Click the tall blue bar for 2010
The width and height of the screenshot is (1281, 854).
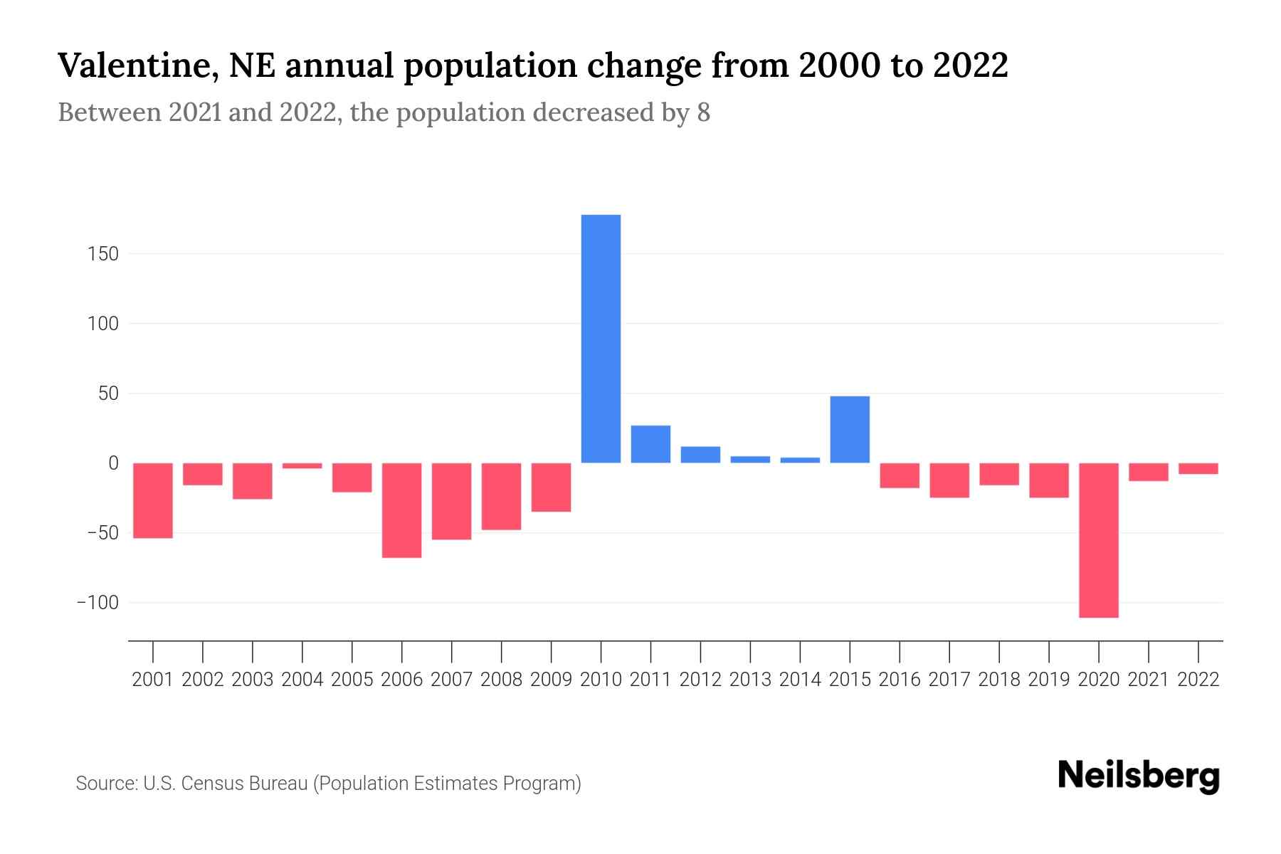pyautogui.click(x=601, y=339)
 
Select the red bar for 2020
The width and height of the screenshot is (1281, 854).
pyautogui.click(x=1098, y=540)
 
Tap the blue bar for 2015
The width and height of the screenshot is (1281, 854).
pyautogui.click(x=850, y=429)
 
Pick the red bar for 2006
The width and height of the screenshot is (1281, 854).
pyautogui.click(x=401, y=510)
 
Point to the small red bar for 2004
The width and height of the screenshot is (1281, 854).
pyautogui.click(x=302, y=465)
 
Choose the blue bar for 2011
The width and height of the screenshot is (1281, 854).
pyautogui.click(x=650, y=444)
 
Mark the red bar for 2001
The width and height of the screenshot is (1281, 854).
pyautogui.click(x=153, y=500)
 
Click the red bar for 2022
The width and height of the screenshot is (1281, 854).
pyautogui.click(x=1198, y=468)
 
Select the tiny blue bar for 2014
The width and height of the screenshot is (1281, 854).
pyautogui.click(x=800, y=460)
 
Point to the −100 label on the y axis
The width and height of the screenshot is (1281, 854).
pyautogui.click(x=97, y=603)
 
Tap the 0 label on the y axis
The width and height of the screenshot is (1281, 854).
pyautogui.click(x=113, y=463)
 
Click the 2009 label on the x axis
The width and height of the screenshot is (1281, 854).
pyautogui.click(x=551, y=680)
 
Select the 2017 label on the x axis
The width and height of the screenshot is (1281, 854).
pyautogui.click(x=949, y=680)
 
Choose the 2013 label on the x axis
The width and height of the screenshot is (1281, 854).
pyautogui.click(x=750, y=680)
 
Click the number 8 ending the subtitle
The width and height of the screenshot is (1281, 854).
pyautogui.click(x=703, y=113)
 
